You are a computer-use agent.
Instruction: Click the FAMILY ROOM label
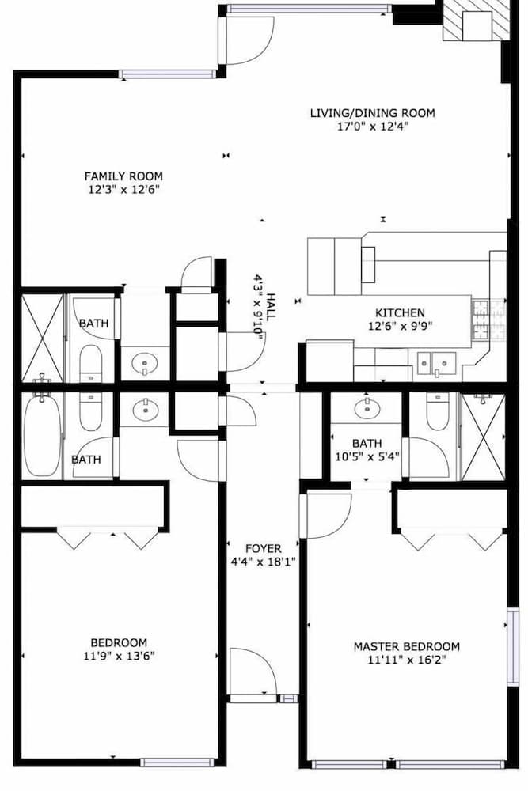click(x=123, y=176)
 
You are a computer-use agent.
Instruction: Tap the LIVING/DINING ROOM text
click(x=373, y=113)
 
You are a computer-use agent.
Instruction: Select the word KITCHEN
click(x=400, y=312)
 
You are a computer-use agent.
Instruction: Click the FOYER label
click(x=263, y=548)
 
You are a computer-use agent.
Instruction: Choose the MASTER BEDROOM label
click(x=406, y=646)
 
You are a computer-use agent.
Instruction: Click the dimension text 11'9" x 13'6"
click(x=119, y=657)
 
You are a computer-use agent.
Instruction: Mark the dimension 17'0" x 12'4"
click(x=373, y=126)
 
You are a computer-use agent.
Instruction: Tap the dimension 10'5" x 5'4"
click(x=367, y=457)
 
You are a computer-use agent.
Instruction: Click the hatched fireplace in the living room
click(x=476, y=21)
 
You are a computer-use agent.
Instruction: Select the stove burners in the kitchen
click(x=488, y=320)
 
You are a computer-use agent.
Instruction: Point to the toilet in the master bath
click(x=438, y=411)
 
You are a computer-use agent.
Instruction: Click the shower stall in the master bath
click(x=483, y=437)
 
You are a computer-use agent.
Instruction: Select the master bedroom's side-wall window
click(x=512, y=647)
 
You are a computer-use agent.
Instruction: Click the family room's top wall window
click(x=167, y=74)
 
